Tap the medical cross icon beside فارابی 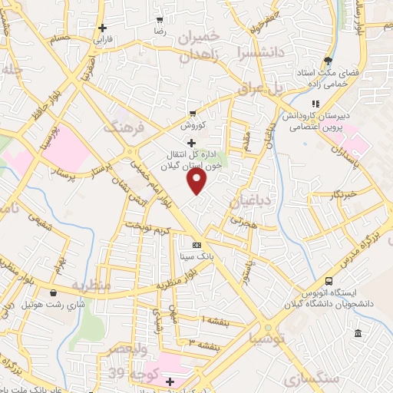103,28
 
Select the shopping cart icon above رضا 160,21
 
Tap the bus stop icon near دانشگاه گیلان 329,281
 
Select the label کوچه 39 127,373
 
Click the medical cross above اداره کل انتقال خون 191,142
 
